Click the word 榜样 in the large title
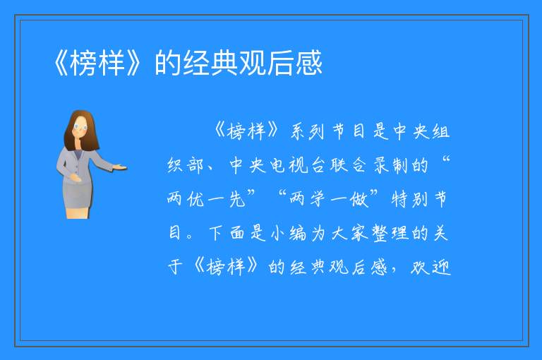(97, 63)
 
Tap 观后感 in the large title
(280, 63)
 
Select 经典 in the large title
(210, 63)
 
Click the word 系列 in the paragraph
(307, 131)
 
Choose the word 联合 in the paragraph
(349, 165)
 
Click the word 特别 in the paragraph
(409, 199)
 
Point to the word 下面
(227, 233)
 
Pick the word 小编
(288, 233)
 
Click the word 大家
(349, 233)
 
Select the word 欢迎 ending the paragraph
(431, 267)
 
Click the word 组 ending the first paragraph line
(440, 131)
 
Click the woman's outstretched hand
(121, 168)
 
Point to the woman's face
(80, 127)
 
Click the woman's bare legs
(78, 212)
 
